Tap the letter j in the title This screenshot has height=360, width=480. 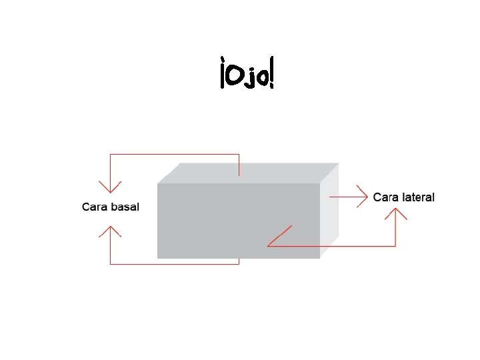pos(249,79)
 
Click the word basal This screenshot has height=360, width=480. pos(125,207)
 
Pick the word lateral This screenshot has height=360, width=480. pos(417,197)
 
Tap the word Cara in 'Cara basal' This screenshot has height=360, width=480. pos(95,207)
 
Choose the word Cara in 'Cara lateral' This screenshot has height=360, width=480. pos(385,197)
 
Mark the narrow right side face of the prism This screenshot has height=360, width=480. pos(329,210)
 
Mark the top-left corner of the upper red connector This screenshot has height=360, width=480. pos(110,155)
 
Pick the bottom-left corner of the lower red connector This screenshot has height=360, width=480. pos(110,264)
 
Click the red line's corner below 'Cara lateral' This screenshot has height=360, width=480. pos(396,246)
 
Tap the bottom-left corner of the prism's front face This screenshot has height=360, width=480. pos(157,258)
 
